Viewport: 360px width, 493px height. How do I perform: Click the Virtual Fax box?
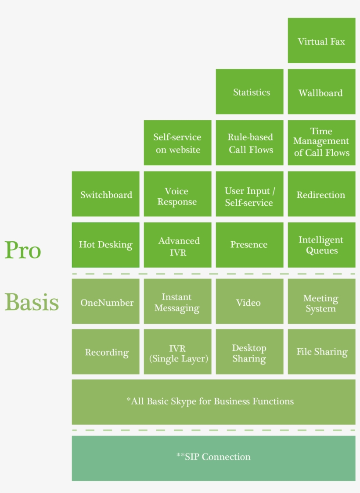pos(322,40)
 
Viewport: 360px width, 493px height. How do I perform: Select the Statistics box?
pos(249,92)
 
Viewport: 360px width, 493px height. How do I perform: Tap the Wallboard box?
pos(322,92)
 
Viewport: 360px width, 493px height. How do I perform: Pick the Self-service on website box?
pos(177,143)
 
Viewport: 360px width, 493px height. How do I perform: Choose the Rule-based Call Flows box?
pos(249,143)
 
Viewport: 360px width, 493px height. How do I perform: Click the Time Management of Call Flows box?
pos(322,143)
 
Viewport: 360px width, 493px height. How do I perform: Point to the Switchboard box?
pos(106,194)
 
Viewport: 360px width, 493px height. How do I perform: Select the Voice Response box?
pos(177,194)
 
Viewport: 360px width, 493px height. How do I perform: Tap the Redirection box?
pos(322,194)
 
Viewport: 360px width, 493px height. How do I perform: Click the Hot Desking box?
pos(106,245)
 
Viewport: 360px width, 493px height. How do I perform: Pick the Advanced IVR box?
pos(177,245)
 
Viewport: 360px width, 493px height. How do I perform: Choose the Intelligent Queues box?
pos(322,245)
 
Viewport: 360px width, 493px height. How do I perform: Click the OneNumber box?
pos(106,301)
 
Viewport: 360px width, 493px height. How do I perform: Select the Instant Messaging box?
pos(177,301)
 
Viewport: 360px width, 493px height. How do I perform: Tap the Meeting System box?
pos(322,301)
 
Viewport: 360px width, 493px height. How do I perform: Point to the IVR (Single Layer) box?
pos(177,352)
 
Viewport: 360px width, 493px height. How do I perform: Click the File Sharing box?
pos(322,352)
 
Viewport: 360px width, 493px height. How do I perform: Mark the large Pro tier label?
pos(23,250)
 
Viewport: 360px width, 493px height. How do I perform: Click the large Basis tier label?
pos(32,301)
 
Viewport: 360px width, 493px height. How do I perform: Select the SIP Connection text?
pos(214,457)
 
